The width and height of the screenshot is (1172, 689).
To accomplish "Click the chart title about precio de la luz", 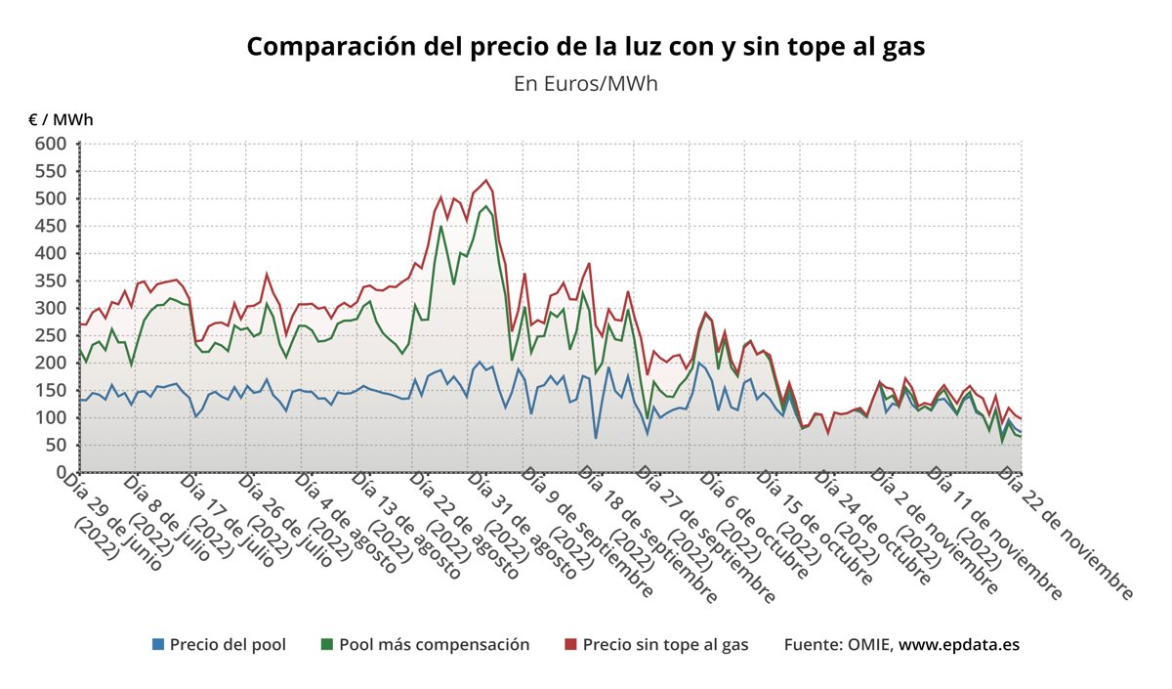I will tap(585, 47).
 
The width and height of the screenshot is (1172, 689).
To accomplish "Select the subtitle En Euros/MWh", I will tap(585, 83).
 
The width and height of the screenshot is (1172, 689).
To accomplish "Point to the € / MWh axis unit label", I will tap(61, 120).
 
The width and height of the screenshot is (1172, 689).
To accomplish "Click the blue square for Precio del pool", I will tap(158, 644).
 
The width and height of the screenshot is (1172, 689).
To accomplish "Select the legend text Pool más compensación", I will tap(434, 644).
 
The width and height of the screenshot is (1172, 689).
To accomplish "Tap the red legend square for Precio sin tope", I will tap(571, 644).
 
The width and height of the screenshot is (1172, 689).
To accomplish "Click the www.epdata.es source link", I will tap(959, 644).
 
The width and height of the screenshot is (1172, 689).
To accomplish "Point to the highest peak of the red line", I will tap(486, 181).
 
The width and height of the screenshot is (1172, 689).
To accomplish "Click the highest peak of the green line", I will tap(486, 206).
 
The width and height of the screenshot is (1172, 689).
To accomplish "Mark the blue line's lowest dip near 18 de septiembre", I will tap(596, 437).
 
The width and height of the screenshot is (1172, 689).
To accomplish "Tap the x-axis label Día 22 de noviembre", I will tap(1065, 533).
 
